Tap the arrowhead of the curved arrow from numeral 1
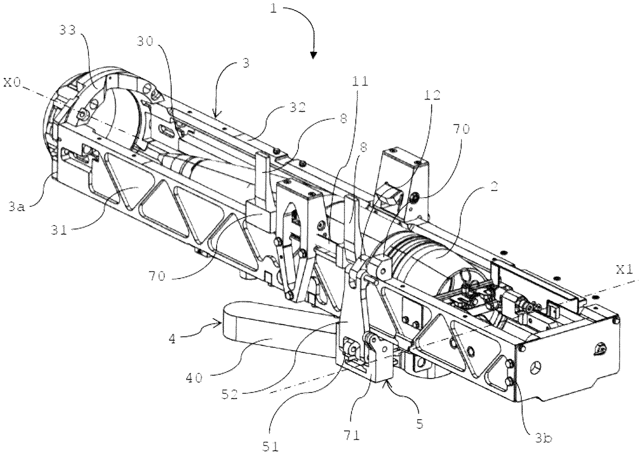point(314,54)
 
